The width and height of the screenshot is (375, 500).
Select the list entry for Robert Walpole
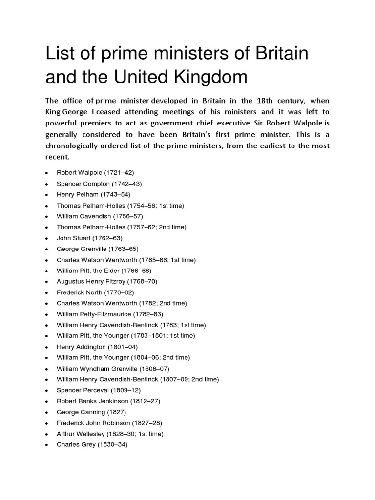95,173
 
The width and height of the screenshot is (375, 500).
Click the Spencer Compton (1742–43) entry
99,184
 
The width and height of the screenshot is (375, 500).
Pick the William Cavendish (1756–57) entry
100,216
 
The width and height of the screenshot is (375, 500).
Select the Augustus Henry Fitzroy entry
107,281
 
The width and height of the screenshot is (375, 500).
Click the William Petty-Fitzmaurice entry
110,314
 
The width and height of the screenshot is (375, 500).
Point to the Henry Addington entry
97,347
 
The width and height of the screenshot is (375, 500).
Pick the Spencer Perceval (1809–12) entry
100,390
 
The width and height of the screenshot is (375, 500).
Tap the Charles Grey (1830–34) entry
92,445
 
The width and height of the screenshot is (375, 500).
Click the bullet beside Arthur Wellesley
46,434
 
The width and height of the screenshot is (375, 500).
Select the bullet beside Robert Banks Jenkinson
46,401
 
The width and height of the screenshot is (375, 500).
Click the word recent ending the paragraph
58,157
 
